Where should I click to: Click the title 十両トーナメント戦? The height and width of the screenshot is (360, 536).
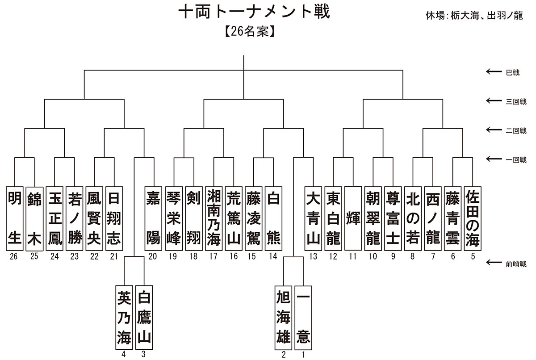point(254,12)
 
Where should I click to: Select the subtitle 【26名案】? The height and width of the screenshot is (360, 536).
point(249,32)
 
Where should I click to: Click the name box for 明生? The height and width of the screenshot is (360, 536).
point(15,218)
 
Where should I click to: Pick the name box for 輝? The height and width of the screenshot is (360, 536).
point(353,218)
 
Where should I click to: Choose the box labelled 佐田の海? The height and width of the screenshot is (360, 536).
point(472,218)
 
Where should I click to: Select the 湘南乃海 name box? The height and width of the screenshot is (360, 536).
point(214,218)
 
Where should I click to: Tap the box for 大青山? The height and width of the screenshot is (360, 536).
point(314,218)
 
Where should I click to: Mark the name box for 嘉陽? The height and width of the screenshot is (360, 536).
point(153,218)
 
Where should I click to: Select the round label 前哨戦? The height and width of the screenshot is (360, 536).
point(516,264)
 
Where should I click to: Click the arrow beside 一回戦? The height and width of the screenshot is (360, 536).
point(494,159)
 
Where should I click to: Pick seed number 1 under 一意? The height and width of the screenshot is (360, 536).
point(304,355)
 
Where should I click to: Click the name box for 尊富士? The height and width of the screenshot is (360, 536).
point(393,218)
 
